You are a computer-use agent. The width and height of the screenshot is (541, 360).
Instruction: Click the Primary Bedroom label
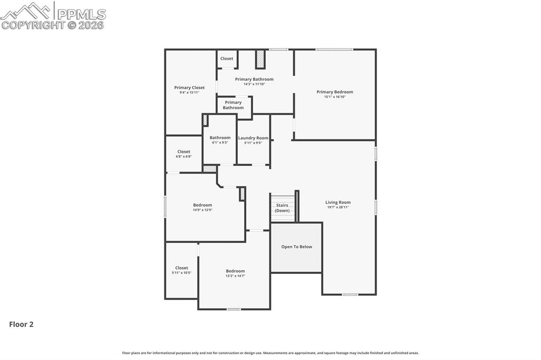[x=334, y=92]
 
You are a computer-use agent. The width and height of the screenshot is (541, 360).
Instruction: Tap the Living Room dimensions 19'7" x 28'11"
[x=338, y=207]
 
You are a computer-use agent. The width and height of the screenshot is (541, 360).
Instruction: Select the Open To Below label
[x=296, y=247]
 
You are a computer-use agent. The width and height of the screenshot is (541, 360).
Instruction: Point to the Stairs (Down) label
[x=282, y=208]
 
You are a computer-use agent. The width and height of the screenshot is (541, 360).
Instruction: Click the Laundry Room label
[x=253, y=138]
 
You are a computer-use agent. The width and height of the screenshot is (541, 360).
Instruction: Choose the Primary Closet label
[x=189, y=88]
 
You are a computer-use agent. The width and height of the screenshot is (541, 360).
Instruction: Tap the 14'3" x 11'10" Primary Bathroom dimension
[x=254, y=84]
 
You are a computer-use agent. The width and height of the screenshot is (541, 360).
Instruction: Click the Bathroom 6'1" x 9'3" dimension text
[x=220, y=143]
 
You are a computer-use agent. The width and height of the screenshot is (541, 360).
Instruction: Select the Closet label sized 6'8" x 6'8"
[x=183, y=151]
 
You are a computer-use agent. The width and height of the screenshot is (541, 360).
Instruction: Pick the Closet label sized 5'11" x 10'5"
[x=181, y=268]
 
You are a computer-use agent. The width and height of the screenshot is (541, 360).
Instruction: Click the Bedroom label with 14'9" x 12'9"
[x=202, y=205]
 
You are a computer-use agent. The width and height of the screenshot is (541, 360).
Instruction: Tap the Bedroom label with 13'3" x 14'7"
[x=235, y=271]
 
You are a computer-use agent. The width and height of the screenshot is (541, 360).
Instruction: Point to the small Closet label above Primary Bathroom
[x=227, y=59]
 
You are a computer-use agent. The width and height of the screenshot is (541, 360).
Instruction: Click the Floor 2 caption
[x=21, y=325]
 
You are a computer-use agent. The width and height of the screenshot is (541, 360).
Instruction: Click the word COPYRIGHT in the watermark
[x=33, y=25]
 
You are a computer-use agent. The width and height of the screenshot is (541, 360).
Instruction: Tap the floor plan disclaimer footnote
[x=270, y=353]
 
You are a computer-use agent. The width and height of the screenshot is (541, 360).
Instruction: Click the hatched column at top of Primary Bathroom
[x=260, y=59]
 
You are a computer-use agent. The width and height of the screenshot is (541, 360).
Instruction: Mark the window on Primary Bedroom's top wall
[x=334, y=50]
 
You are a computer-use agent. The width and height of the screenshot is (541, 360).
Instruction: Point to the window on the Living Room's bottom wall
[x=350, y=295]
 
